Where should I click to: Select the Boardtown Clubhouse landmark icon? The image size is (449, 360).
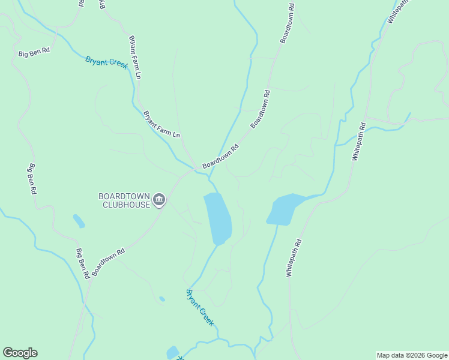click(x=159, y=200)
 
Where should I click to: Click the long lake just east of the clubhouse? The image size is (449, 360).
click(x=218, y=218)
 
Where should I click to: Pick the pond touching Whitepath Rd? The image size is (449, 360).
click(x=283, y=209)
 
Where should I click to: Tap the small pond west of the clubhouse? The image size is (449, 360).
click(x=79, y=221)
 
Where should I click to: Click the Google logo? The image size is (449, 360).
click(x=20, y=353)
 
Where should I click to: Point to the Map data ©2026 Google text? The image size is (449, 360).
click(x=412, y=355)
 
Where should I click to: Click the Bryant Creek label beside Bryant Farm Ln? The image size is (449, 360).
click(x=107, y=62)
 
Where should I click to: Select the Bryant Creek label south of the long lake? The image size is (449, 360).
click(x=200, y=307)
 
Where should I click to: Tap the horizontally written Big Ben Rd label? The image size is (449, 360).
click(x=34, y=52)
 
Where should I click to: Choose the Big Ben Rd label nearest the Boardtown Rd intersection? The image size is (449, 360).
click(x=83, y=263)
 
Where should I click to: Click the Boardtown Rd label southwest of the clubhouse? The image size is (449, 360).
click(x=109, y=262)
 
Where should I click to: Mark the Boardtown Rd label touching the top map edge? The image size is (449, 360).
click(x=288, y=24)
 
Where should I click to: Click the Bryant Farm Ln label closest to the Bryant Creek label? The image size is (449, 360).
click(x=134, y=58)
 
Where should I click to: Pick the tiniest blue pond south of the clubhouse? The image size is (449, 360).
click(x=162, y=298)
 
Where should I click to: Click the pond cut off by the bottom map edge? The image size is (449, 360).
click(x=173, y=353)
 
